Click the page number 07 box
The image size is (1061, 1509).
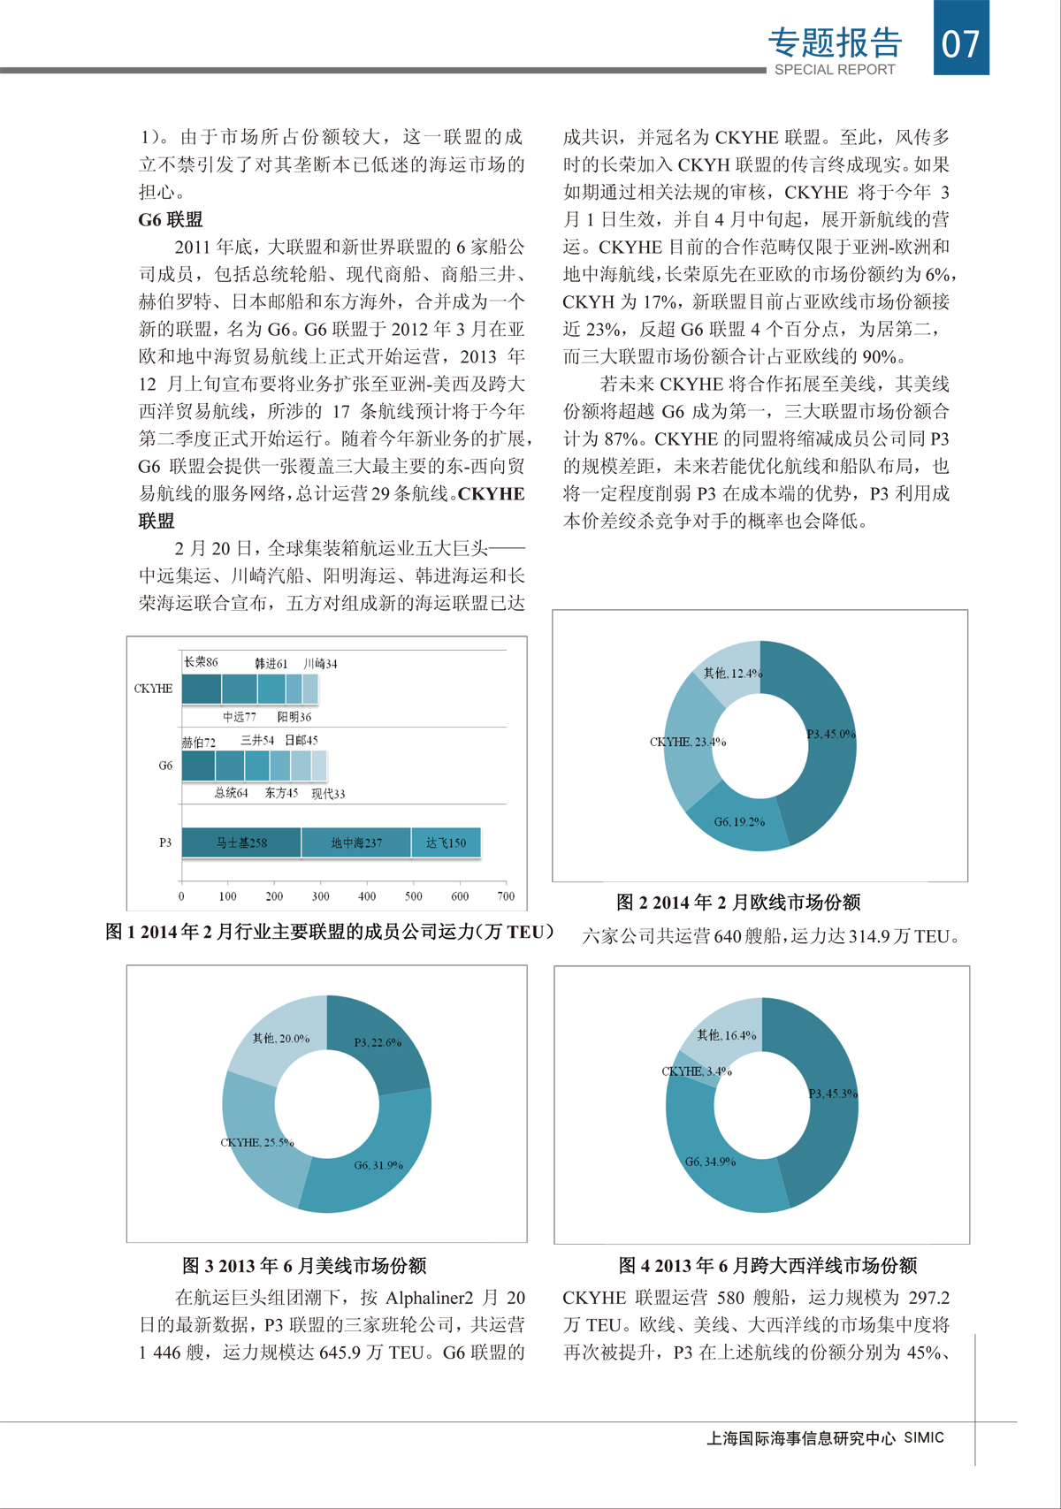[961, 40]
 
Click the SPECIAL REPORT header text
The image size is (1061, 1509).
[835, 70]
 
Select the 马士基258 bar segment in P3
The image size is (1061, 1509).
[241, 842]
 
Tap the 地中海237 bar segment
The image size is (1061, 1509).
[356, 842]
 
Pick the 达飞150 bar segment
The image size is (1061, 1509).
[446, 842]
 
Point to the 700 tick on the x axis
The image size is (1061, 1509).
[506, 896]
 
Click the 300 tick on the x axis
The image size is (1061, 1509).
[320, 896]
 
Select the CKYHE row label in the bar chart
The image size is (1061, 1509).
[153, 689]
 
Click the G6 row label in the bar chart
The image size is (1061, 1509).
[165, 766]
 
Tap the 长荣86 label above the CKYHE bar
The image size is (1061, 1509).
[201, 662]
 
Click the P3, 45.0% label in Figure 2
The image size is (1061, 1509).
[830, 734]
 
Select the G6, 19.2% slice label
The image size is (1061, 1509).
[739, 821]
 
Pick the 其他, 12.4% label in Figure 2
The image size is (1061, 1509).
[732, 674]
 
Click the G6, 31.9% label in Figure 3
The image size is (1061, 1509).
[378, 1165]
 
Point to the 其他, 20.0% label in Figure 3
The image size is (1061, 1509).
[281, 1039]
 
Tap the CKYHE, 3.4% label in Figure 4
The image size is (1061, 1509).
[697, 1071]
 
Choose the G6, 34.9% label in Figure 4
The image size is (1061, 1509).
[710, 1162]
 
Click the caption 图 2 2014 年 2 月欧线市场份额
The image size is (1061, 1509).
[738, 903]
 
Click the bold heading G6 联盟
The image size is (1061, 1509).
[171, 220]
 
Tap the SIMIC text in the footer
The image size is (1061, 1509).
[924, 1437]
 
